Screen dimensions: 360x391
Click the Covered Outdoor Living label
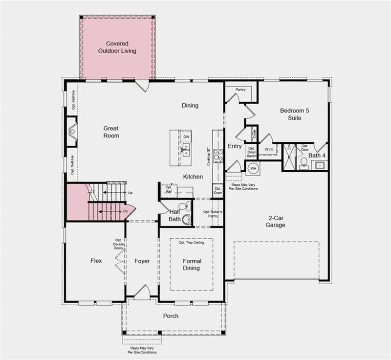click(x=117, y=47)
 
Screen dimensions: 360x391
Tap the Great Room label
click(x=111, y=132)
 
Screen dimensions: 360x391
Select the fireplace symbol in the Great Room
click(x=72, y=131)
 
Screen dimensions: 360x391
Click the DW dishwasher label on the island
click(x=186, y=137)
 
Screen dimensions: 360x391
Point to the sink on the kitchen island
click(x=186, y=150)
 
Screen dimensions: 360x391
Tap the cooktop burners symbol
click(x=218, y=156)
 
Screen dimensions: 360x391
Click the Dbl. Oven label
click(x=218, y=191)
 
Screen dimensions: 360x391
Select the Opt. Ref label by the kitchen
click(x=169, y=189)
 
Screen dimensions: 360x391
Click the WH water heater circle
click(x=253, y=168)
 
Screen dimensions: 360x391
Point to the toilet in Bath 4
click(x=303, y=162)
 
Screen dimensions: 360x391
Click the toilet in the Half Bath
click(x=183, y=206)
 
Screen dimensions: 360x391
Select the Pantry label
click(x=240, y=90)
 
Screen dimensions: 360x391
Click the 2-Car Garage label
click(x=276, y=222)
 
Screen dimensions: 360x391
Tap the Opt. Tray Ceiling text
click(x=191, y=243)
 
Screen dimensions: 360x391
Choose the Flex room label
click(x=96, y=261)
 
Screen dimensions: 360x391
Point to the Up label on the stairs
click(x=130, y=193)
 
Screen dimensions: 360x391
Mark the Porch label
click(x=171, y=316)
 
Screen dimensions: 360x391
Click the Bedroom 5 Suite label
click(x=295, y=114)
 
